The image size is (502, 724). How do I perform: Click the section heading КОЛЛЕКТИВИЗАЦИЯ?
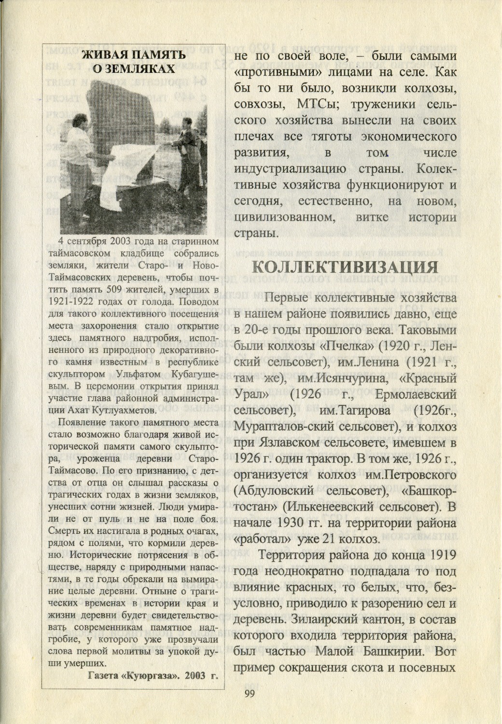click(345, 267)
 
